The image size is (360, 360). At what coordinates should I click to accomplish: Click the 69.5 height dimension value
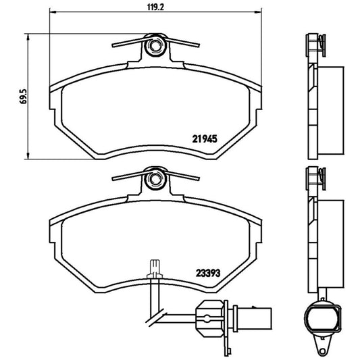coord(23,95)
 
